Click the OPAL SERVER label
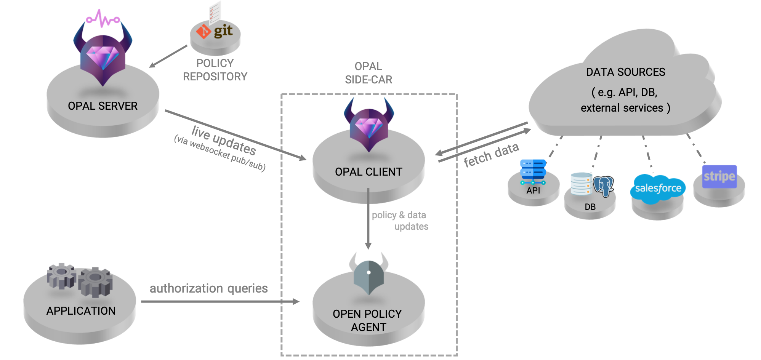click(103, 106)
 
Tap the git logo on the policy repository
click(215, 31)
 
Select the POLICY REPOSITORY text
click(215, 70)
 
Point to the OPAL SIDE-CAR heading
click(368, 73)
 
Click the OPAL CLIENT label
click(368, 172)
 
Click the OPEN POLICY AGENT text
click(367, 320)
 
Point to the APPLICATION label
click(81, 311)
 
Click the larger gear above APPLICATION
click(96, 282)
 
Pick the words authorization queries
click(208, 288)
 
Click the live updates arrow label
click(224, 140)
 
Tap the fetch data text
click(491, 155)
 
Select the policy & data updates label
click(400, 221)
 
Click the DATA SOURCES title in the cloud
click(625, 72)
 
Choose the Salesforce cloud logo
click(658, 188)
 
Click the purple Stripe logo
click(719, 176)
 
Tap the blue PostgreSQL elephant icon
click(604, 186)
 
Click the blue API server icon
click(533, 171)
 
